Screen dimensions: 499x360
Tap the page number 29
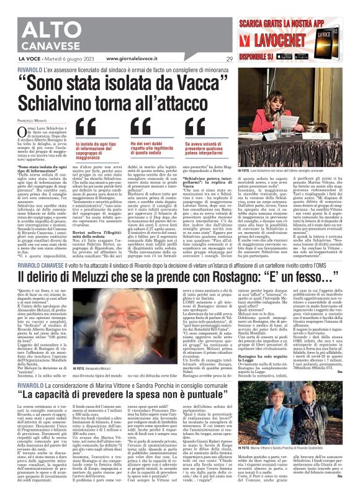[229, 59]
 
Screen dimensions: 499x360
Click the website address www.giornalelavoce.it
[131, 59]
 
